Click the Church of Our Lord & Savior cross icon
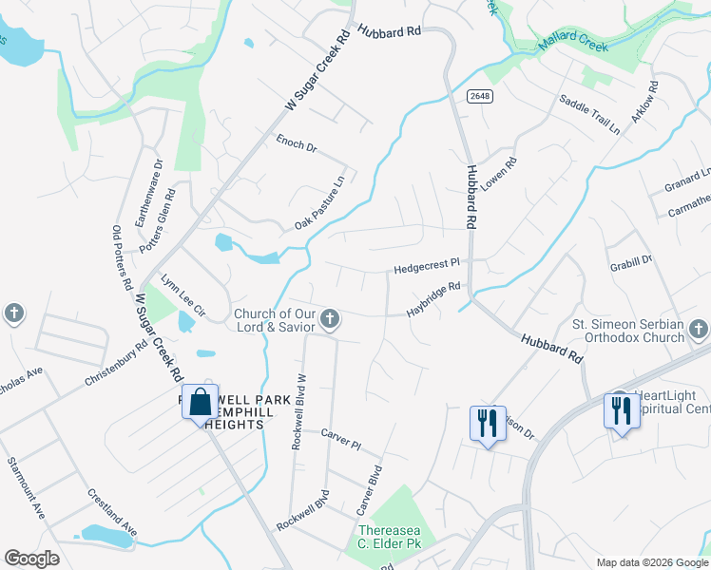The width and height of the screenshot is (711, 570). click(x=329, y=319)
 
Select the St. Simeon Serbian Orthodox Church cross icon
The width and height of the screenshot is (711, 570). click(x=698, y=330)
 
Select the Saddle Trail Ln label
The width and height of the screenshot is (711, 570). click(x=589, y=115)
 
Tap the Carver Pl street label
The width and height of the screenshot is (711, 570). click(x=342, y=438)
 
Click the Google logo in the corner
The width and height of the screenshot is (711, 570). click(x=31, y=559)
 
